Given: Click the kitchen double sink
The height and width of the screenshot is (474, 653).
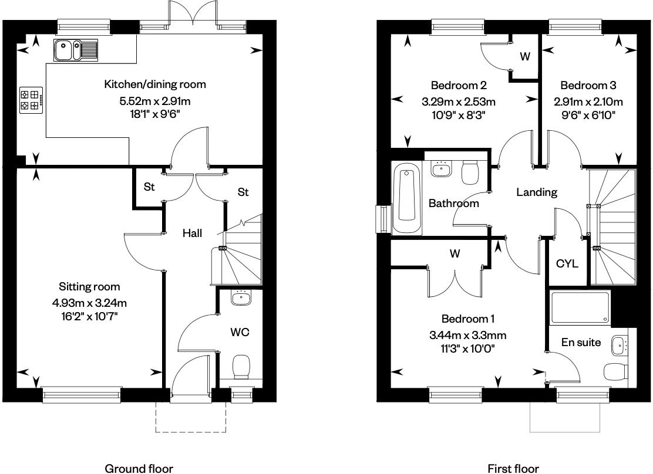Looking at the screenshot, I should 77,50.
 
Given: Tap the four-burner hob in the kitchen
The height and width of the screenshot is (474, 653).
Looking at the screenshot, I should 31,100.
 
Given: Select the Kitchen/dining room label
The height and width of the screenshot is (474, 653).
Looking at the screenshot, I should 155,84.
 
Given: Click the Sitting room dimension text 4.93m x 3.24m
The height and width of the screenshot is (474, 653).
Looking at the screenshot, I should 89,303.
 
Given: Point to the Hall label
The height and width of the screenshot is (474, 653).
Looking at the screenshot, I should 192,233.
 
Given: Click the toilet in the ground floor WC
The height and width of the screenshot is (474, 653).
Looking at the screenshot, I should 241,367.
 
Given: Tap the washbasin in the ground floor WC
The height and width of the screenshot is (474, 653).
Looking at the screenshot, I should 241,299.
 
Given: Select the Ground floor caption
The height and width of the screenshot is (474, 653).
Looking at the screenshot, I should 139,468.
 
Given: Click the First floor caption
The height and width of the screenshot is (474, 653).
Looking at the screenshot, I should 513,468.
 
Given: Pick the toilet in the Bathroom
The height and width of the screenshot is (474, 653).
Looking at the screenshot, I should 471,172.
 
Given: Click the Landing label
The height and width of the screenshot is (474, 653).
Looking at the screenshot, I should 537,192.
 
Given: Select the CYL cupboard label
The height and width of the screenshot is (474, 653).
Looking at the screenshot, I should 567,263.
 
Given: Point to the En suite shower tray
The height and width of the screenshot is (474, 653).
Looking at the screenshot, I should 580,308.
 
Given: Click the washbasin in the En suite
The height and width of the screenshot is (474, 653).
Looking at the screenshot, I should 619,346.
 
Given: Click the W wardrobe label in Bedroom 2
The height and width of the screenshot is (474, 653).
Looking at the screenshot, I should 525,57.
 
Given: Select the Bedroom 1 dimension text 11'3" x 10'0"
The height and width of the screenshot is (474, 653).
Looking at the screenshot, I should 468,348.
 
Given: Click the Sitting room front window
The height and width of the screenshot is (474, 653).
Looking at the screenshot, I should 82,395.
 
